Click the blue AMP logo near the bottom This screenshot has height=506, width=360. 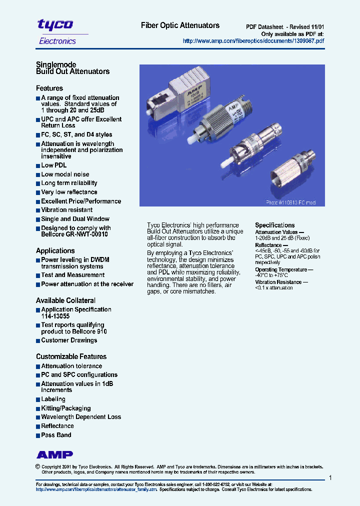tap(54, 454)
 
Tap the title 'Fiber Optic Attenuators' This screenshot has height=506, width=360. tap(180, 25)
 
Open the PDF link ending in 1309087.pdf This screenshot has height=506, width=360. tap(253, 41)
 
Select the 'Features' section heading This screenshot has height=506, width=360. tap(49, 88)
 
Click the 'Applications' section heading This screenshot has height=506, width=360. tap(55, 251)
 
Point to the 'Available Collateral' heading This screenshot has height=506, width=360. tap(65, 300)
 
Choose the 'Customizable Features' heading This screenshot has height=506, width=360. tap(71, 356)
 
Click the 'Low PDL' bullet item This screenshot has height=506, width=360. tap(53, 165)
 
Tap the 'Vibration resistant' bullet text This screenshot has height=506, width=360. tap(66, 210)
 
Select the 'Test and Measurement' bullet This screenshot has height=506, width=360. tap(72, 275)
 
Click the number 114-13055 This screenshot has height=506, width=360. tap(55, 316)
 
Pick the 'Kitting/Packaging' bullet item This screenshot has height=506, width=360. tap(65, 408)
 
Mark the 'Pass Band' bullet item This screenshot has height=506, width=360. tap(56, 435)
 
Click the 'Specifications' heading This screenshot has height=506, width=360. tap(275, 225)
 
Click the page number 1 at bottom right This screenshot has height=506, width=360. tap(330, 478)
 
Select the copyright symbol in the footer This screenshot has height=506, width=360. tap(37, 466)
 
